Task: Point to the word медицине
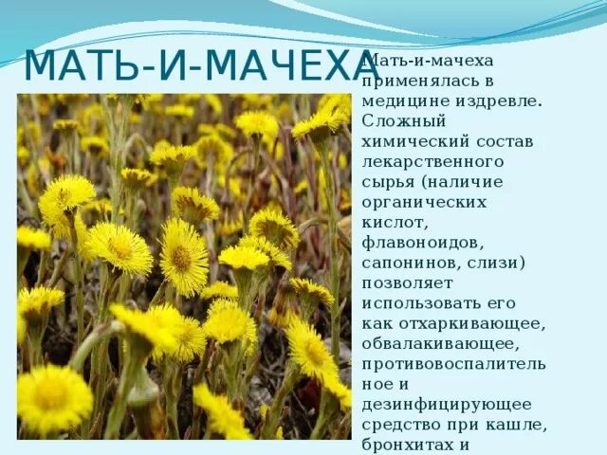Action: click(x=401, y=100)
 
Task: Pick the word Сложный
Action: click(x=397, y=121)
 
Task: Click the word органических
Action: click(x=424, y=202)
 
